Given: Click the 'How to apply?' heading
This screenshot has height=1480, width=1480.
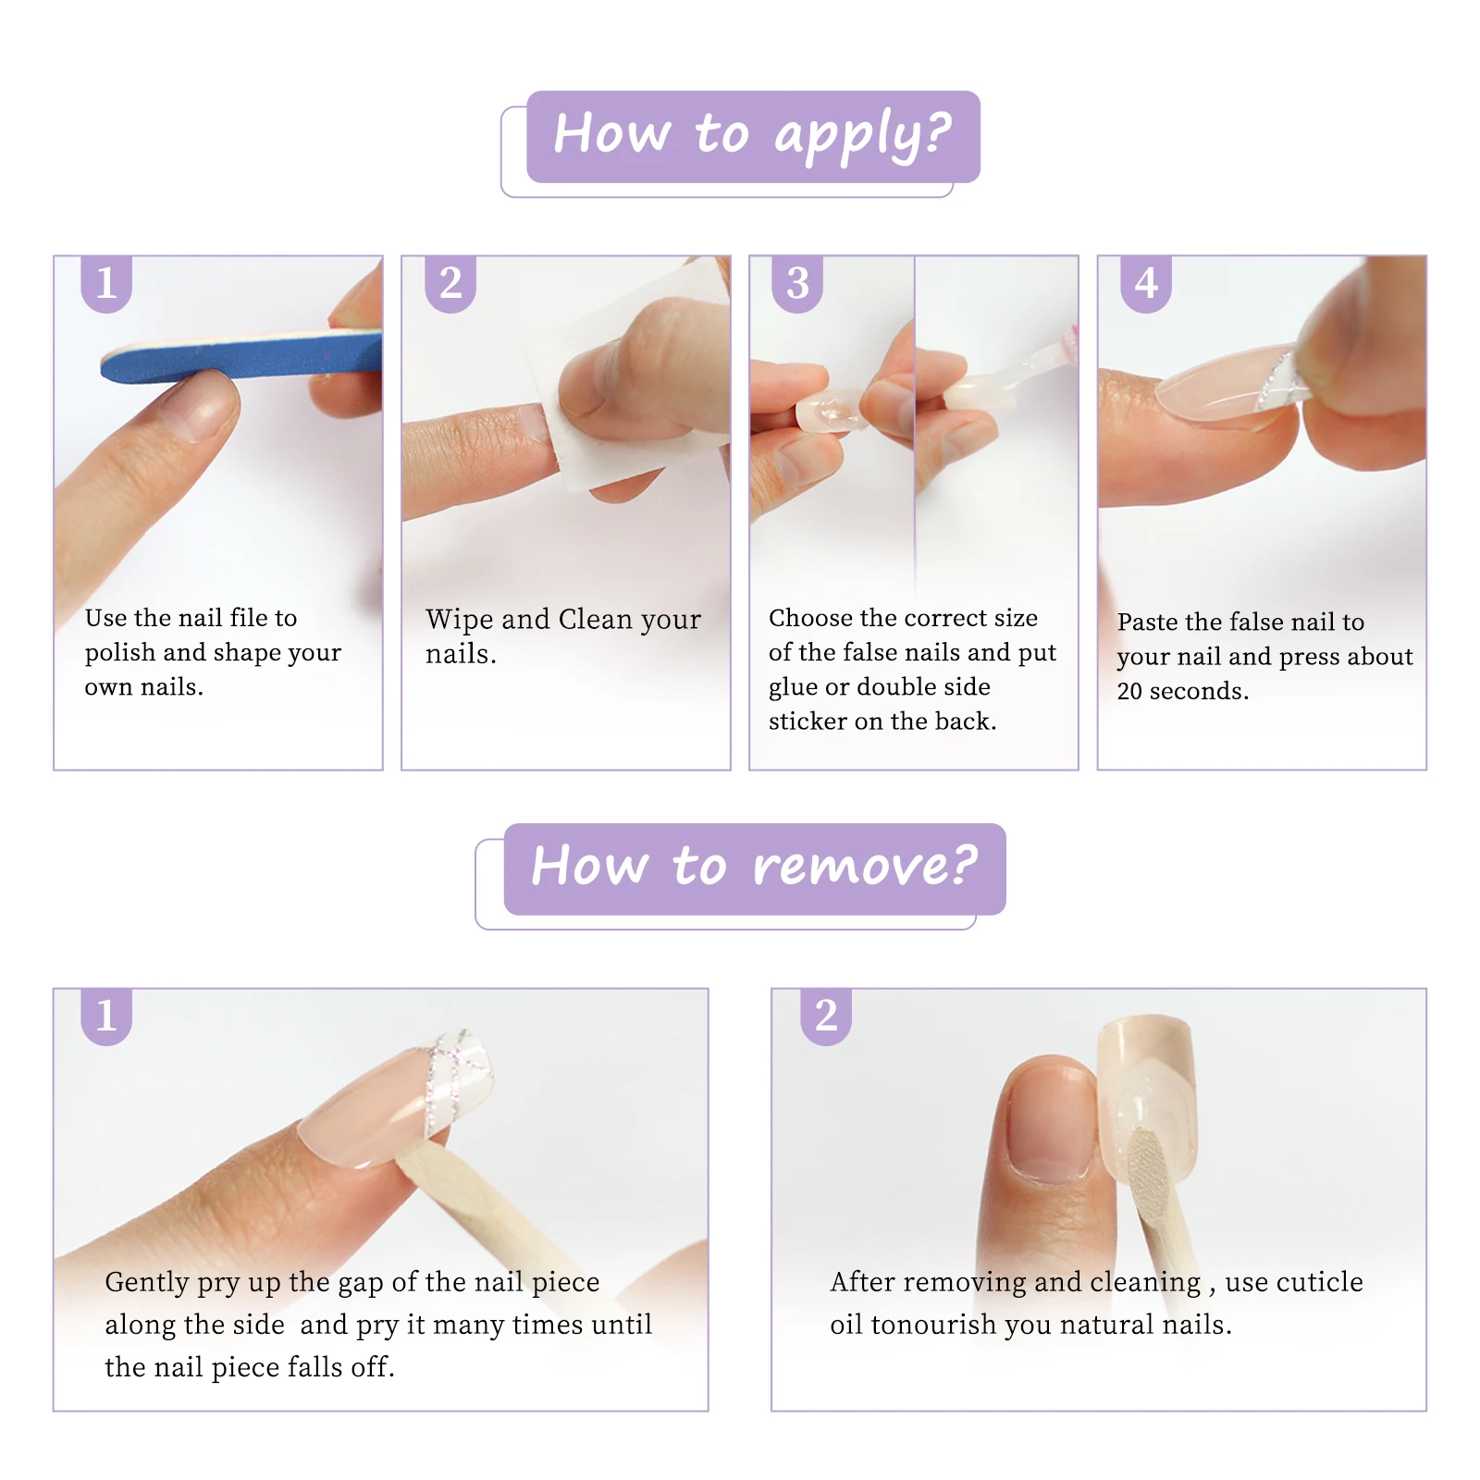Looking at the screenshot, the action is point(753,135).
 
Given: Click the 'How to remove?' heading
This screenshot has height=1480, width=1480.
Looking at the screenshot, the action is point(754,867).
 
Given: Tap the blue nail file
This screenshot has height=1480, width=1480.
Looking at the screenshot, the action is point(240,356).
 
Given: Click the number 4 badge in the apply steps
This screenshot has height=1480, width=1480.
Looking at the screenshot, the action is point(1146,284).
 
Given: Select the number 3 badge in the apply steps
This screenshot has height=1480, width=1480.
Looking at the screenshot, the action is point(797,284).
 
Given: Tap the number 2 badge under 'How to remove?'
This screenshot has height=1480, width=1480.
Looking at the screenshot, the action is point(826,1017).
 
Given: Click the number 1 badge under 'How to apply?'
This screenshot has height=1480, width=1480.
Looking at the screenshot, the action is point(106,284).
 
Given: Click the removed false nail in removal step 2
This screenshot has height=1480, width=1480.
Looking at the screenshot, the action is point(1147,1101).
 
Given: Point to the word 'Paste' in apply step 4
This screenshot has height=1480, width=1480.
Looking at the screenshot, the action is point(1147,622).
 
